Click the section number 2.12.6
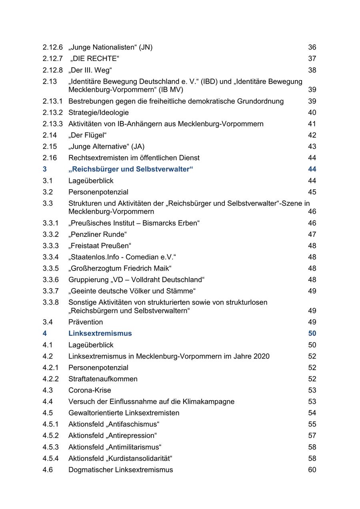tap(52, 47)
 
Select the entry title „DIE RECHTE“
tap(95, 59)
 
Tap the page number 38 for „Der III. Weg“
tap(312, 70)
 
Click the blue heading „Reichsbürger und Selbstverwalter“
tap(130, 169)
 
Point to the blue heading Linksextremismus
tap(100, 333)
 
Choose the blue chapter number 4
tap(45, 333)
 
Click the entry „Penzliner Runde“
tap(97, 234)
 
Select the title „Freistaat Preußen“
tap(100, 246)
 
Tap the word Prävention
tap(86, 322)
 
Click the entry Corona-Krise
tap(90, 390)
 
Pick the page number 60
tap(312, 470)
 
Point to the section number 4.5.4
tap(50, 458)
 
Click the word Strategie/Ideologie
tap(98, 112)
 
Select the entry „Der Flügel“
tap(88, 135)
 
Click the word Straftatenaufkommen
tap(103, 379)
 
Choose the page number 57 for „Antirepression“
tap(312, 435)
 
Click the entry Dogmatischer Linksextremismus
tap(120, 470)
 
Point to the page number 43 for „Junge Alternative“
tap(312, 147)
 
